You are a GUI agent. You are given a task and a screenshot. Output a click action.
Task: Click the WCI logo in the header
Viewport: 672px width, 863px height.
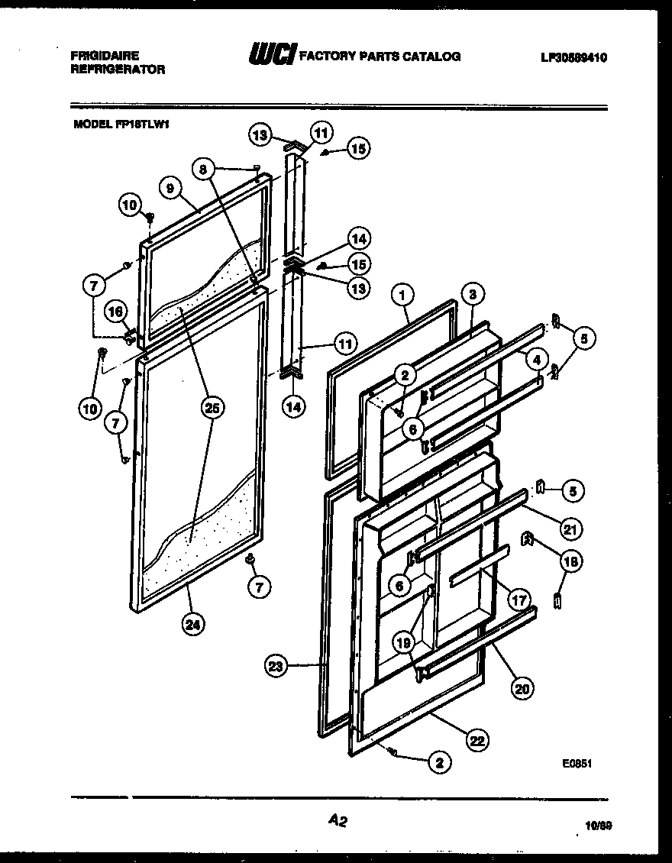[x=270, y=55]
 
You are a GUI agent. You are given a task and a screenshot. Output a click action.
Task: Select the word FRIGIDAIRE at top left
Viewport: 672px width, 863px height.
[x=105, y=57]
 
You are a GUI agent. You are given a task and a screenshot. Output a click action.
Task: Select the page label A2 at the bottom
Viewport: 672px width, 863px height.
[x=338, y=821]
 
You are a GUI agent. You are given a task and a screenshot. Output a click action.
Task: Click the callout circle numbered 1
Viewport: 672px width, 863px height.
[x=404, y=295]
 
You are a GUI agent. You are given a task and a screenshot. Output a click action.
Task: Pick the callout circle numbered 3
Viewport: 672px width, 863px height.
[x=473, y=295]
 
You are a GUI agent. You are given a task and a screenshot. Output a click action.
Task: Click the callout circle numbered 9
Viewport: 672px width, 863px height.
[x=171, y=188]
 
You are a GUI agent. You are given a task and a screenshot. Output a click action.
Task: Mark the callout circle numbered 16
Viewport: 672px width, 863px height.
[x=116, y=311]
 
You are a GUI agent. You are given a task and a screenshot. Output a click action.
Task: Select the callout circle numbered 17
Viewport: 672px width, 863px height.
[x=520, y=600]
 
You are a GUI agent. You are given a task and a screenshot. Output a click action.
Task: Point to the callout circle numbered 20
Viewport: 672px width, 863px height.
[x=522, y=688]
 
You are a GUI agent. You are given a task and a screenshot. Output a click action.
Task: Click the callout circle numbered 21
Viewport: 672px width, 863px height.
[x=570, y=527]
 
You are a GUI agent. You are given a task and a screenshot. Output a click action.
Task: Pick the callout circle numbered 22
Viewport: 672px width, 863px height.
[x=479, y=739]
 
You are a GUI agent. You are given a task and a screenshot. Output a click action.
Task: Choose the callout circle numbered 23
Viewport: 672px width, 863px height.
[x=277, y=666]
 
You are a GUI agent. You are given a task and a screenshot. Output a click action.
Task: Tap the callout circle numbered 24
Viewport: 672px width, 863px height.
[x=195, y=624]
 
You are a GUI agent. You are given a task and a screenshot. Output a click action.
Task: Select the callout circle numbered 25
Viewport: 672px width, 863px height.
[x=212, y=409]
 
